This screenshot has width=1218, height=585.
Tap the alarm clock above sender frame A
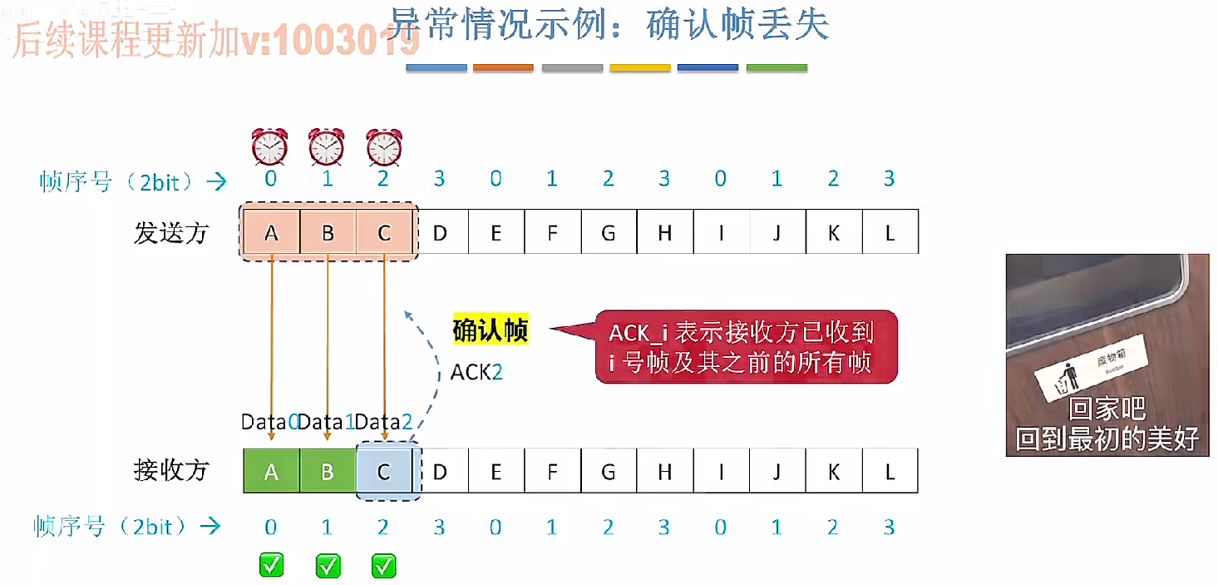[x=270, y=146]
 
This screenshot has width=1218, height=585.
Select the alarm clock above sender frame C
[x=383, y=146]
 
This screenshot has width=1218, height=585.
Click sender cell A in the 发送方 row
[x=271, y=233]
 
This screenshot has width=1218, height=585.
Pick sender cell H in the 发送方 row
[x=664, y=233]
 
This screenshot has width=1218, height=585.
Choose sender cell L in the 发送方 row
[x=890, y=233]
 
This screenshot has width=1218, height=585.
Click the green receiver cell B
[x=328, y=472]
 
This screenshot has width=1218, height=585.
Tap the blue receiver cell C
[x=384, y=472]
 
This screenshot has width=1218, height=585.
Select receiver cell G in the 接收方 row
[x=609, y=472]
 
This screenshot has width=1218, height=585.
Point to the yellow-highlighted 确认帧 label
[x=490, y=330]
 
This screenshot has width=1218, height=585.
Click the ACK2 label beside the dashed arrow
[x=476, y=371]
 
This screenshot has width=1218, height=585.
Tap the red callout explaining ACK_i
[x=746, y=347]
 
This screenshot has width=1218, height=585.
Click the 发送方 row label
[x=171, y=233]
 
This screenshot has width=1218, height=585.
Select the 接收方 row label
[x=171, y=471]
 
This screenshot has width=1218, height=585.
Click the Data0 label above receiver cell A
[x=269, y=422]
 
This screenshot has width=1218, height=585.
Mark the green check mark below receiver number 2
[x=383, y=566]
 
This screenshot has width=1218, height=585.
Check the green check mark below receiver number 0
[x=271, y=566]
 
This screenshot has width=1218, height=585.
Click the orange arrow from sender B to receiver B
[x=328, y=341]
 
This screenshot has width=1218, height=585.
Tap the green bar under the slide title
[x=777, y=67]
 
